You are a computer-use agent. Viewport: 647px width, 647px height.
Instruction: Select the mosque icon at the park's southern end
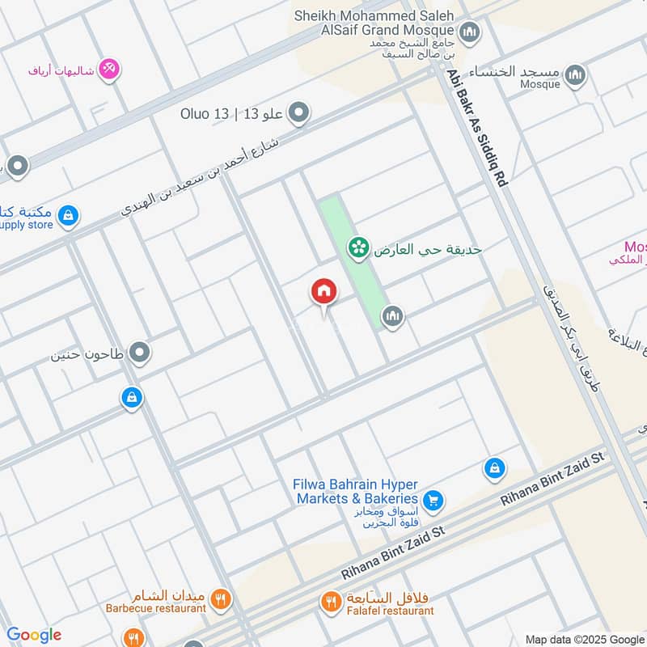392,317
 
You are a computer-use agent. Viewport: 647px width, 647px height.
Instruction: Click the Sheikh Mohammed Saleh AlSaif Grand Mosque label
371,22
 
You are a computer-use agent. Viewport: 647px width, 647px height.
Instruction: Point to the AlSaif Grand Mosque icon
470,33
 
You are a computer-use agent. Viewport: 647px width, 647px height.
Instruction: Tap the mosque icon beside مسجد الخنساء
574,75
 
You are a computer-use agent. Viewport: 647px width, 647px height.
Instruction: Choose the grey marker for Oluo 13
299,113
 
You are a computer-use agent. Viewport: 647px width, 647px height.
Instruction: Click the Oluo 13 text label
231,114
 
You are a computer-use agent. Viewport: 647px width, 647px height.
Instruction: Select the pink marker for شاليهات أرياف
109,69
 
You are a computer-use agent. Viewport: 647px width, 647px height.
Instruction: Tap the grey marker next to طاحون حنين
140,353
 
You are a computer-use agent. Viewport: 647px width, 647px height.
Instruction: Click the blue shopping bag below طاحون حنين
132,397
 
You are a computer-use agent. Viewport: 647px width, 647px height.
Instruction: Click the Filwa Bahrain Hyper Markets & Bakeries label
356,492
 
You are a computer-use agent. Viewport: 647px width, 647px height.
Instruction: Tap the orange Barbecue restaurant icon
220,599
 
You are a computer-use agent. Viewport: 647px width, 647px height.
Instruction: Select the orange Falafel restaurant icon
330,601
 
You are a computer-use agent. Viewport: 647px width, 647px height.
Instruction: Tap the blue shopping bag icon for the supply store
69,214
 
